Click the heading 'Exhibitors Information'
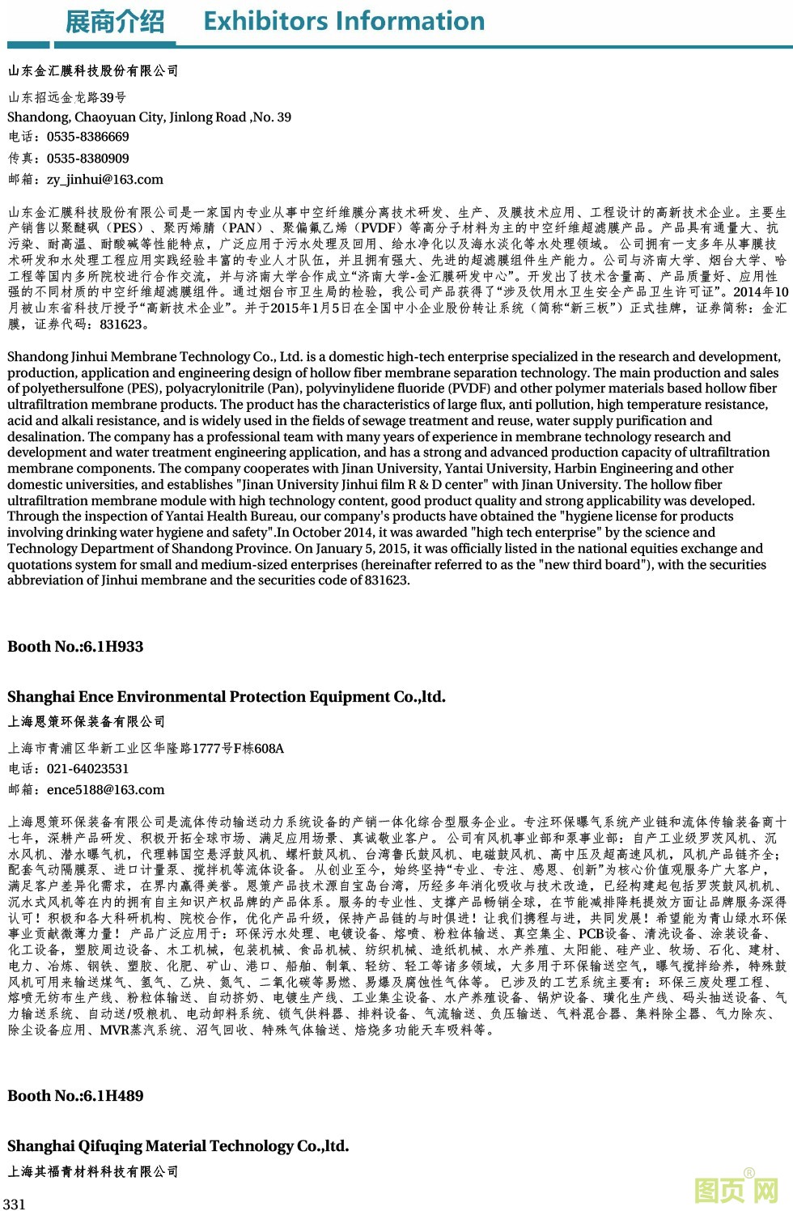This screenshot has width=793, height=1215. tap(344, 21)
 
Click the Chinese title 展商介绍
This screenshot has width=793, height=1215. tap(114, 22)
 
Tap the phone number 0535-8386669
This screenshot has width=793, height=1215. tap(87, 137)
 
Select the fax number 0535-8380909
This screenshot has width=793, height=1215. tap(87, 159)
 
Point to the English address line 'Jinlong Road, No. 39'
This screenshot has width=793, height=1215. tap(230, 117)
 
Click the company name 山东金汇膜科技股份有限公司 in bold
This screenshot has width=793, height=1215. tap(93, 71)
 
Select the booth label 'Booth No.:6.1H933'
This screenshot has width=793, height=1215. tap(75, 647)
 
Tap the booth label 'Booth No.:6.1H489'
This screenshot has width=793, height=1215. tap(75, 1096)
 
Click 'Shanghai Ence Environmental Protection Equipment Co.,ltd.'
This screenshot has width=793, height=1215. tap(227, 697)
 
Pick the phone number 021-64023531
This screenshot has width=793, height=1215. tap(87, 769)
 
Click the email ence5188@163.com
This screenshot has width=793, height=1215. tap(105, 790)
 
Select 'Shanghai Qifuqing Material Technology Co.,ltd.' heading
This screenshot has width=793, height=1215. tap(178, 1146)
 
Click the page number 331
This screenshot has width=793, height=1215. tap(15, 1204)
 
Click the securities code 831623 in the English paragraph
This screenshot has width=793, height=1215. tap(387, 580)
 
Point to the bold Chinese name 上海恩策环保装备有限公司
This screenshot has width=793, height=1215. tap(87, 722)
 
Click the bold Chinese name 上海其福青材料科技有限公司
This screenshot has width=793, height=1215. tap(93, 1171)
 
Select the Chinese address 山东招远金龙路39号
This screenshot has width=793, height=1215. tap(67, 98)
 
